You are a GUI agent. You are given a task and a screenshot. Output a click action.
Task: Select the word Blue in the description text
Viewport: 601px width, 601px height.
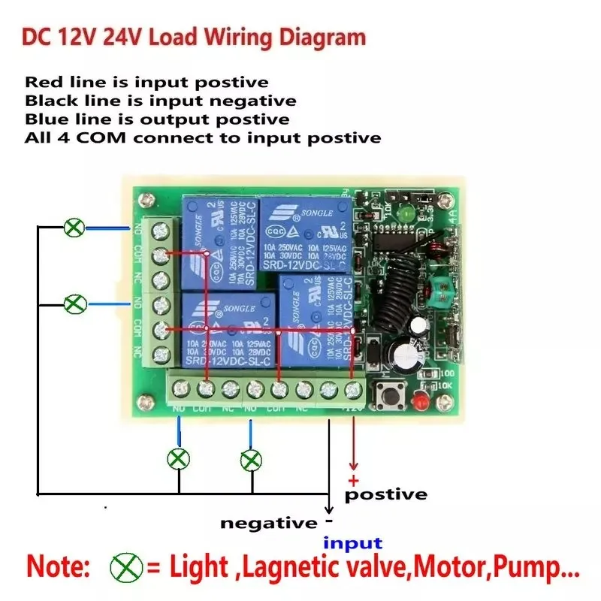tap(44, 119)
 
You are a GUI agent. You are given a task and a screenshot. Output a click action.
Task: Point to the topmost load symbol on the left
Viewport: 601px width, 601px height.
tap(73, 228)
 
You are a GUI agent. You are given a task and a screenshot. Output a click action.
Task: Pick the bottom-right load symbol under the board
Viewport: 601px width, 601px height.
tap(251, 458)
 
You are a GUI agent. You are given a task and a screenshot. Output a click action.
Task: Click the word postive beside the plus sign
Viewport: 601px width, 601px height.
tap(385, 495)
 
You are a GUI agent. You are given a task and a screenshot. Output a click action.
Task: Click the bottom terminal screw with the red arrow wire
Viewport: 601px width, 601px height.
tap(353, 389)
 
